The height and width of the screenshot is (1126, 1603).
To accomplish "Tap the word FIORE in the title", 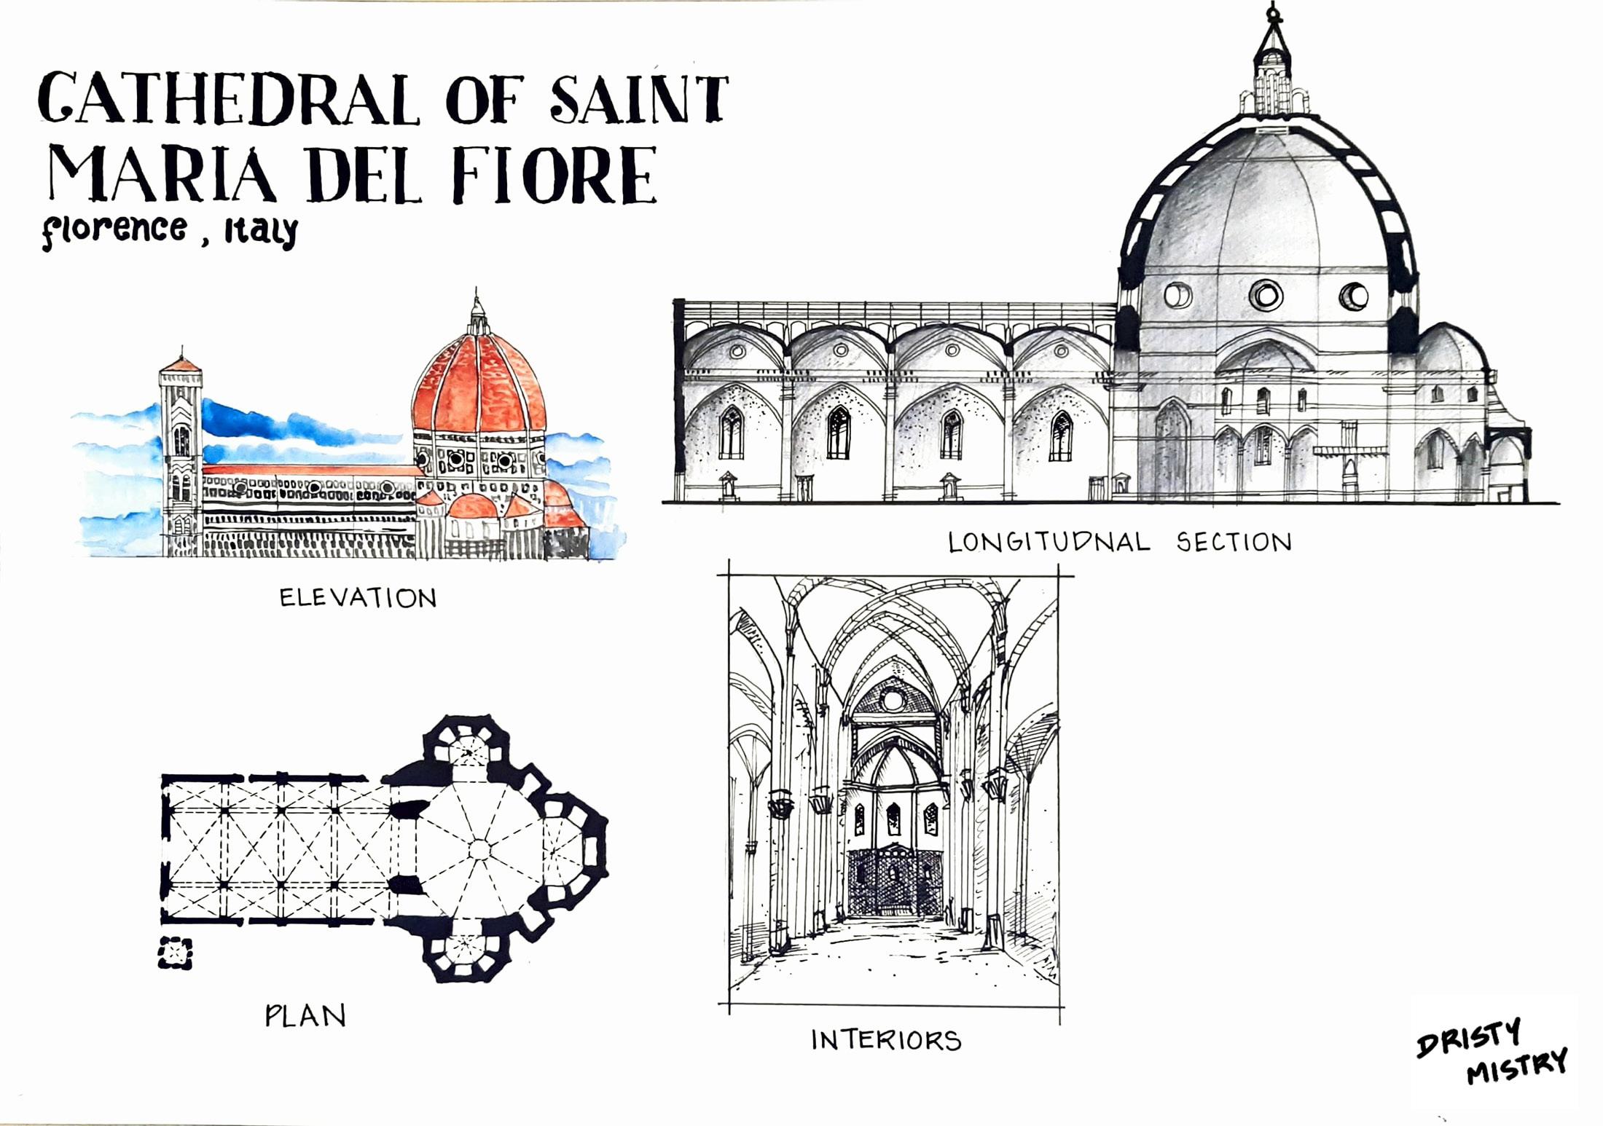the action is click(555, 175).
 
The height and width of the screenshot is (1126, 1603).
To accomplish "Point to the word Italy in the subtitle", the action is click(261, 232).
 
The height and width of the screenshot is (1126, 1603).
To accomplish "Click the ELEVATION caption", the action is click(358, 599).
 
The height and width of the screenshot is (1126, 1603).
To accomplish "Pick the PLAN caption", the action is click(305, 1016).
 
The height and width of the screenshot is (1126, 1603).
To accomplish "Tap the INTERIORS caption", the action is click(886, 1040).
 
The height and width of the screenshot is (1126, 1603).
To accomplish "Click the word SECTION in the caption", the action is click(1234, 543).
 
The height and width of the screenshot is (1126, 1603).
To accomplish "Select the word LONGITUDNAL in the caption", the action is click(1049, 543).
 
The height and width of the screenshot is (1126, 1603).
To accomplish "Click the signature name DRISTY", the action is click(1469, 1036).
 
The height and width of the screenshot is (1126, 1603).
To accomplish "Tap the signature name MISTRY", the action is click(1517, 1067).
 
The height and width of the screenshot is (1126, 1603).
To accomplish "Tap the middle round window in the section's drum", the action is click(1266, 295).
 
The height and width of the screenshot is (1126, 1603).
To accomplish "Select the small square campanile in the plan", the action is click(176, 953).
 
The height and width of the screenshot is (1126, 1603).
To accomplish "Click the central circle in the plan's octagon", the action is click(479, 849).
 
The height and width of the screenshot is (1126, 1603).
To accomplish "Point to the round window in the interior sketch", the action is click(892, 700).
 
